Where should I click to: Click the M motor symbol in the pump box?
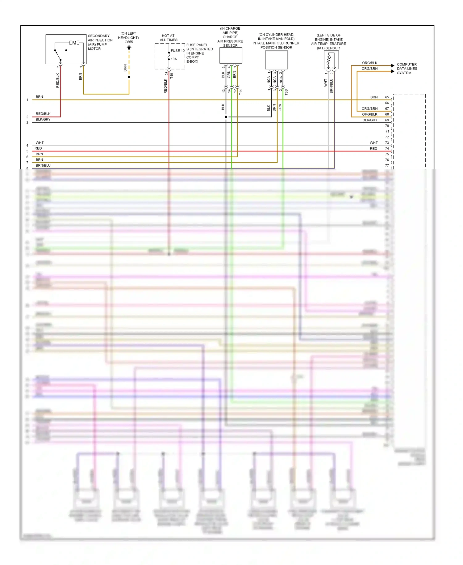click(x=74, y=43)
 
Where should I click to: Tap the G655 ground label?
click(x=129, y=42)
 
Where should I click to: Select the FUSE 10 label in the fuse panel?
click(x=178, y=51)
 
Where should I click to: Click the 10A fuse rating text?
click(x=174, y=59)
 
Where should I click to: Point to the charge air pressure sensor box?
click(x=231, y=56)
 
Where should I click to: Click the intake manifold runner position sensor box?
click(x=276, y=60)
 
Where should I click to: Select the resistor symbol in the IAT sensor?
click(x=329, y=60)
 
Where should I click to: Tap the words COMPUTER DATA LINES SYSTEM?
click(x=407, y=69)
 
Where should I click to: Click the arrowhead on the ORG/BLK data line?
click(x=393, y=66)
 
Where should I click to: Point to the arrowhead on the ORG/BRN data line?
click(x=393, y=71)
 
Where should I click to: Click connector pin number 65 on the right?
click(x=387, y=97)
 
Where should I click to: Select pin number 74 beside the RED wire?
click(x=387, y=149)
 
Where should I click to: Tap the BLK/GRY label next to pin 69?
click(x=370, y=120)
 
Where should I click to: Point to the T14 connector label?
click(x=241, y=92)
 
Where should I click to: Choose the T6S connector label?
click(x=286, y=92)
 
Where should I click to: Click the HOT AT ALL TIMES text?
click(x=169, y=38)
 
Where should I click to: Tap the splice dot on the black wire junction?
click(x=226, y=117)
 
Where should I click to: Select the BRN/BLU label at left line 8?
click(x=43, y=165)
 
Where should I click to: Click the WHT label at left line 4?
click(x=40, y=143)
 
